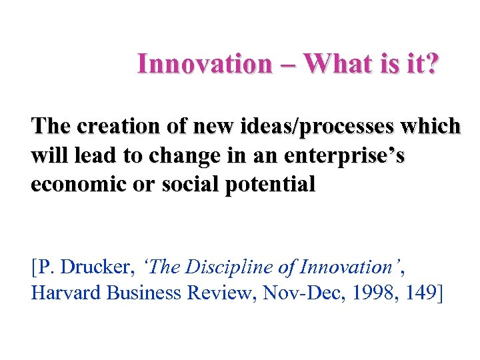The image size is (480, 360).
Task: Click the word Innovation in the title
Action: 204,65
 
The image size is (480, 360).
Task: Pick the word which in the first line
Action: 436,125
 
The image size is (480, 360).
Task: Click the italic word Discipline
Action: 219,268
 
